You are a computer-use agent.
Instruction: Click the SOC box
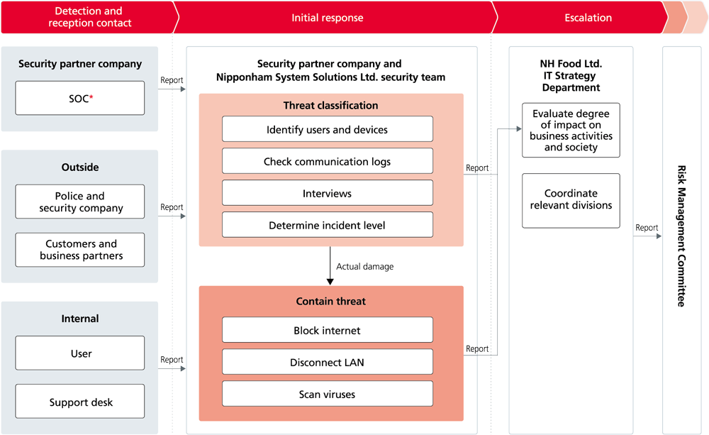click(79, 98)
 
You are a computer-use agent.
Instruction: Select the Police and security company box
click(79, 202)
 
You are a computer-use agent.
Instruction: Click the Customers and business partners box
click(79, 250)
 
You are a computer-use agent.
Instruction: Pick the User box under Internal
click(79, 353)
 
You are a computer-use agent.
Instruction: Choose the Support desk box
click(79, 402)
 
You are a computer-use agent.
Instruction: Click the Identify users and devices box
click(327, 129)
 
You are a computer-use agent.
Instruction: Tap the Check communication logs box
click(327, 161)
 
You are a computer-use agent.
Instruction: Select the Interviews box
click(327, 193)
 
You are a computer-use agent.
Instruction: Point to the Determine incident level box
click(327, 225)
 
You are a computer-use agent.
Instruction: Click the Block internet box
click(327, 330)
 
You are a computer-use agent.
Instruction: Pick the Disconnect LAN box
click(327, 362)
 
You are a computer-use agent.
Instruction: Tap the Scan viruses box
click(327, 394)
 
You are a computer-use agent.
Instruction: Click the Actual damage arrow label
click(364, 267)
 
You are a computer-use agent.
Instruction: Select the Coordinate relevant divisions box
click(571, 199)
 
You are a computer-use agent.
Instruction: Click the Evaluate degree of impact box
click(571, 131)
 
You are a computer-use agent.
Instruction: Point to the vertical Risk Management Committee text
click(681, 236)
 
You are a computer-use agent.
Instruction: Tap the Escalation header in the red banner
click(588, 18)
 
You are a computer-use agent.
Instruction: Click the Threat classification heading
click(330, 105)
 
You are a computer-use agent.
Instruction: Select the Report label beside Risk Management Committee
click(647, 228)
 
